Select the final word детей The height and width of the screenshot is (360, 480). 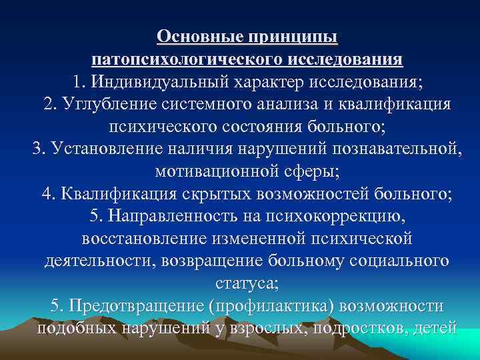click(x=435, y=328)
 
